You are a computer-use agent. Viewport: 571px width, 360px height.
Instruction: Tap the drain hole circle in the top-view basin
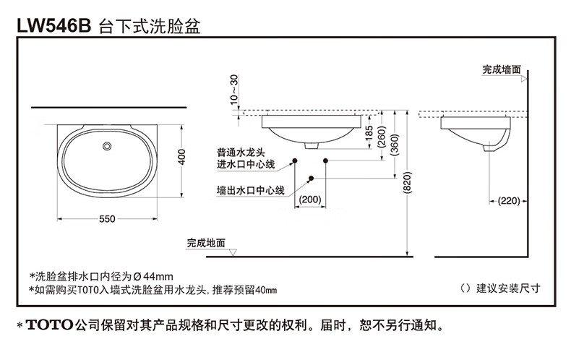click(108, 147)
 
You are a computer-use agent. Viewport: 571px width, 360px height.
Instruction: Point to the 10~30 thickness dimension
click(233, 90)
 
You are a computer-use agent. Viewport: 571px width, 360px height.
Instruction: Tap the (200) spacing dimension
click(310, 199)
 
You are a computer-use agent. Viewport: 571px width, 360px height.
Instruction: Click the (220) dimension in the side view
click(508, 200)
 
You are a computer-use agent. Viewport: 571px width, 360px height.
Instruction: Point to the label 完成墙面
click(502, 70)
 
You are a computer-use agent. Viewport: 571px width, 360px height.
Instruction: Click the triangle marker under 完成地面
click(233, 252)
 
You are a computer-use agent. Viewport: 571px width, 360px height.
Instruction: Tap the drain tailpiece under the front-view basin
click(312, 145)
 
